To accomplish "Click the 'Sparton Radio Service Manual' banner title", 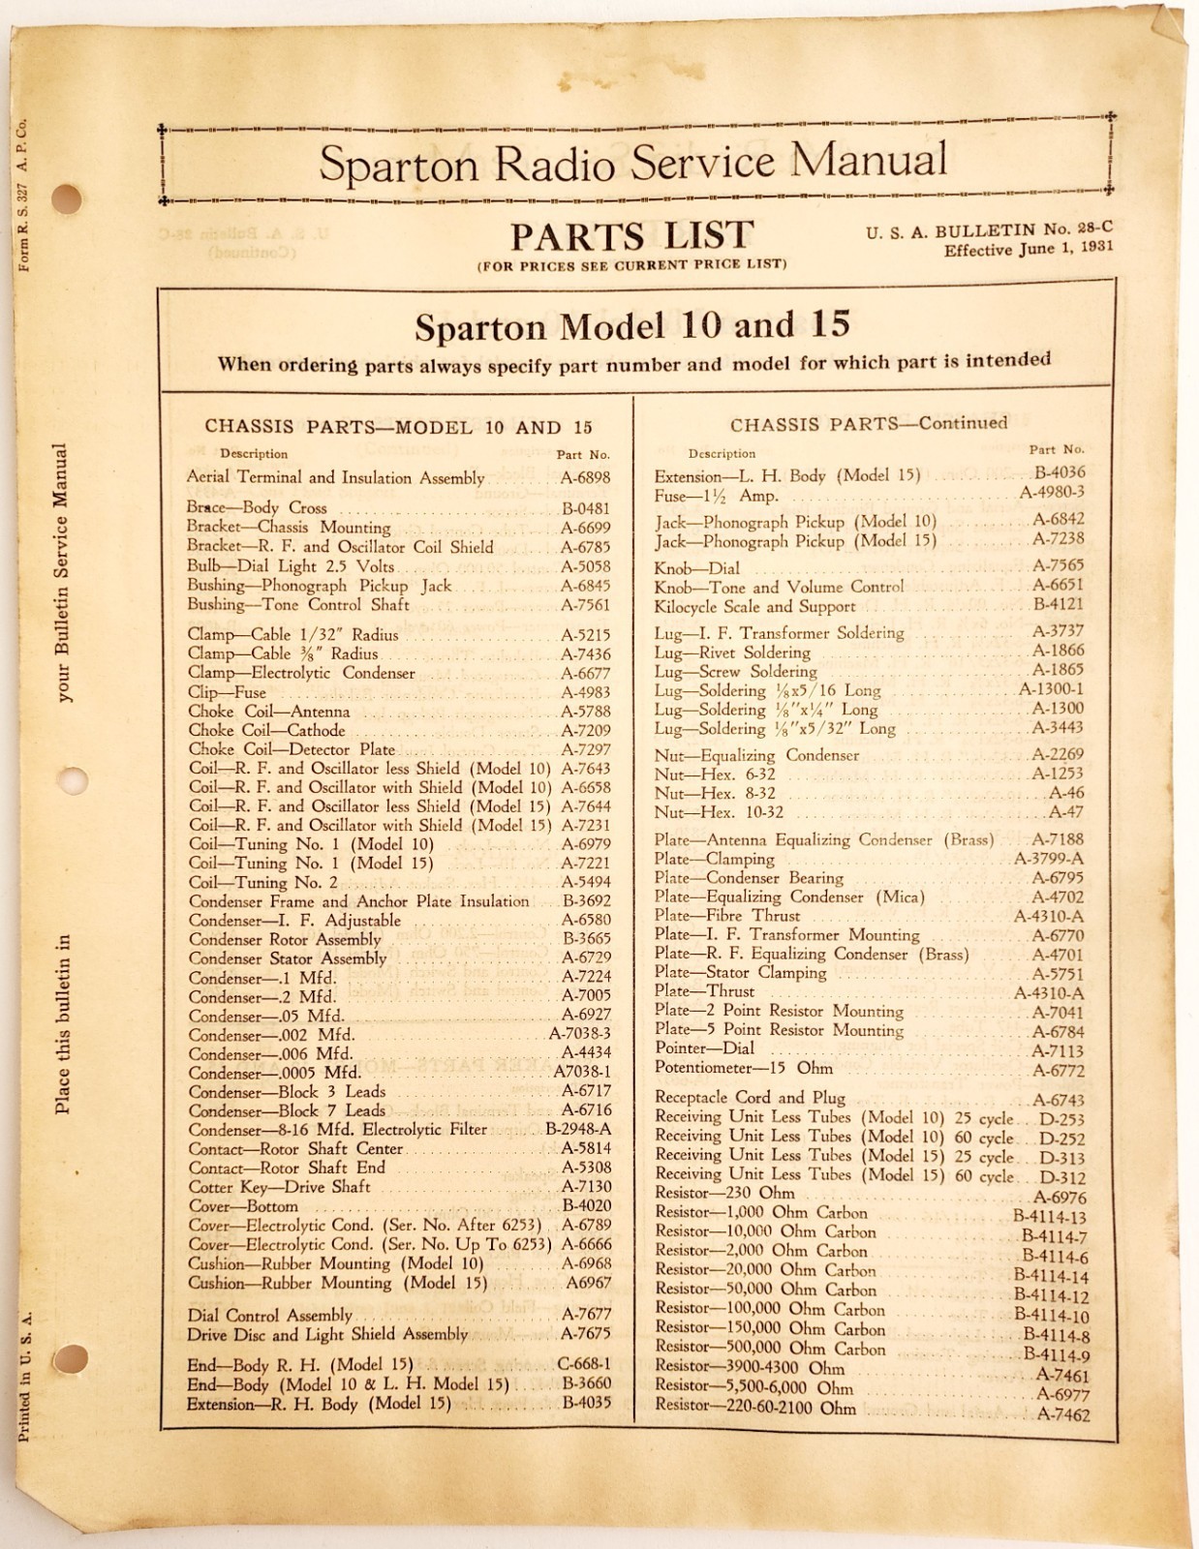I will (x=632, y=161).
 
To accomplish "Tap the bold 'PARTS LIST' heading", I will (x=631, y=235).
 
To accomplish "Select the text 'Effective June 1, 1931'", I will (x=1029, y=248).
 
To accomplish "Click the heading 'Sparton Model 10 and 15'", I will (x=632, y=325).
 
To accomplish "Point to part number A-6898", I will (x=585, y=477).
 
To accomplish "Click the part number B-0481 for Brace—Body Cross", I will (x=585, y=508).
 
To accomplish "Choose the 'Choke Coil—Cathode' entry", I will (x=266, y=731).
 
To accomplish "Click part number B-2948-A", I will (x=578, y=1130).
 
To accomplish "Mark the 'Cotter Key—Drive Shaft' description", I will (x=279, y=1187).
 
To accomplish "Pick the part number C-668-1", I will (x=585, y=1365).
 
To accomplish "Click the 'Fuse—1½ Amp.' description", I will (x=716, y=496).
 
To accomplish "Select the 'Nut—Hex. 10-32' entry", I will (x=719, y=812).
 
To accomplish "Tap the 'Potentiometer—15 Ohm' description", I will (x=743, y=1069).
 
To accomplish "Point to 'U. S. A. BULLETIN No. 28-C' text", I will (x=989, y=229).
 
